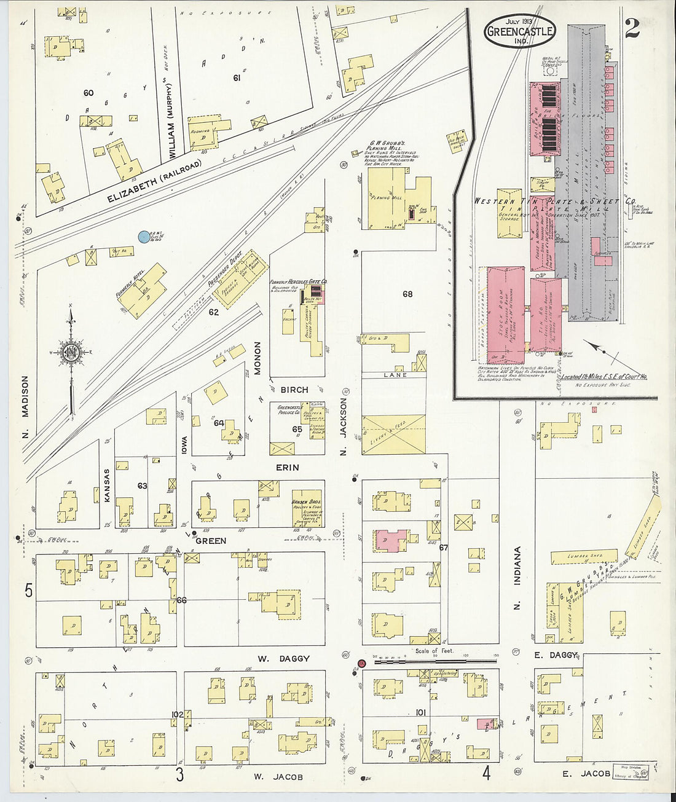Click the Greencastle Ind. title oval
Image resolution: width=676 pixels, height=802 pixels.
520,31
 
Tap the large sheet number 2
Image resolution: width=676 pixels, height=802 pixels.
632,28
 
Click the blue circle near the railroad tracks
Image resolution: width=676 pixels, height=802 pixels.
144,236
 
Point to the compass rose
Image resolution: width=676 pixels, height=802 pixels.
70,353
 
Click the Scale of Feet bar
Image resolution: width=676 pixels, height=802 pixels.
430,662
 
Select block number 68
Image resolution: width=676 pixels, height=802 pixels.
407,294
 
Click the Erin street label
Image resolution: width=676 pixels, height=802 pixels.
287,468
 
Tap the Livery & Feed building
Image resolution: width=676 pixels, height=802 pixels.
393,434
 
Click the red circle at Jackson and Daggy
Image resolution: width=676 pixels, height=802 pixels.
362,663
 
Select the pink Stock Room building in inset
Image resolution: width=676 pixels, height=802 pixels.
505,313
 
